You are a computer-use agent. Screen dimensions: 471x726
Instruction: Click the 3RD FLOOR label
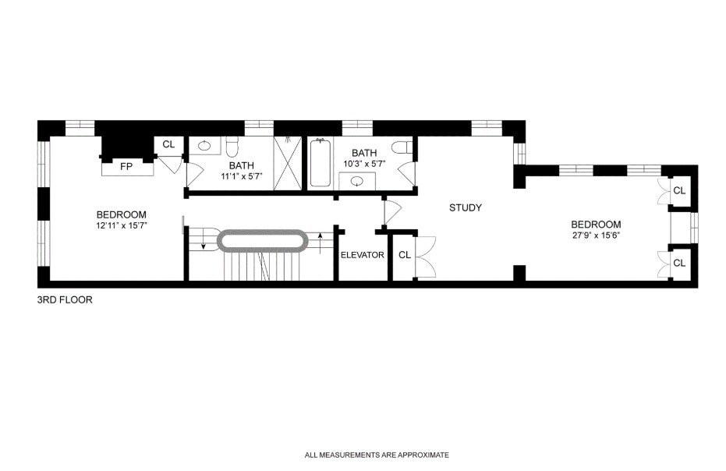pyautogui.click(x=65, y=299)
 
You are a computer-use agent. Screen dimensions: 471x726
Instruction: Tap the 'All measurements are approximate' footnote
pyautogui.click(x=377, y=455)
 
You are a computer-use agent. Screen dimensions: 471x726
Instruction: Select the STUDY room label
pyautogui.click(x=466, y=207)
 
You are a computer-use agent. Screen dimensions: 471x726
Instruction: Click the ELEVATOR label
pyautogui.click(x=362, y=255)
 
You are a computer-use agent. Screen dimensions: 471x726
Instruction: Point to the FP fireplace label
pyautogui.click(x=126, y=166)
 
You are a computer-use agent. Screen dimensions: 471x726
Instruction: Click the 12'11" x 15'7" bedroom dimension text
pyautogui.click(x=121, y=225)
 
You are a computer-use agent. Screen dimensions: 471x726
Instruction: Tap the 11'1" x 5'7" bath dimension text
pyautogui.click(x=241, y=175)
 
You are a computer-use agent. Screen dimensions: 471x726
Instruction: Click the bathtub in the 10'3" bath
pyautogui.click(x=321, y=164)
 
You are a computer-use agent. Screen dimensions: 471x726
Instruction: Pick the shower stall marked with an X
pyautogui.click(x=288, y=163)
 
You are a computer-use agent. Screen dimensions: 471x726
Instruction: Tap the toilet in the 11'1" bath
pyautogui.click(x=232, y=147)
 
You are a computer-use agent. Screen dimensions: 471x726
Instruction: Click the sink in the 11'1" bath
pyautogui.click(x=204, y=146)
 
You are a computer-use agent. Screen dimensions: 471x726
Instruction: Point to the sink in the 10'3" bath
pyautogui.click(x=358, y=182)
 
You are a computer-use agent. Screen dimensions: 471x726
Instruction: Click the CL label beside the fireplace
pyautogui.click(x=168, y=144)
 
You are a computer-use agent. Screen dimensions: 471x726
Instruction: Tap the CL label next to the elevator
pyautogui.click(x=404, y=255)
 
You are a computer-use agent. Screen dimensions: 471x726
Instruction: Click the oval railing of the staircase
pyautogui.click(x=262, y=239)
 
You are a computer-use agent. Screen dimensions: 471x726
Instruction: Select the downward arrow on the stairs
pyautogui.click(x=204, y=243)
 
